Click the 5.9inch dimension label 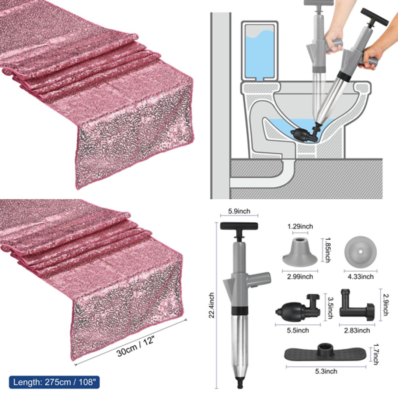[x=239, y=211]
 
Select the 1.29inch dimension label [x=300, y=227]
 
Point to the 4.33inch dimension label [x=361, y=276]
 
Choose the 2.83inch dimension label [x=357, y=331]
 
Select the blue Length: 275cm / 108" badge [x=54, y=382]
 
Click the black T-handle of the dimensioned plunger [x=239, y=226]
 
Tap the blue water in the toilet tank [x=259, y=55]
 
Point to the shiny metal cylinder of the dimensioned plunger [x=239, y=343]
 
